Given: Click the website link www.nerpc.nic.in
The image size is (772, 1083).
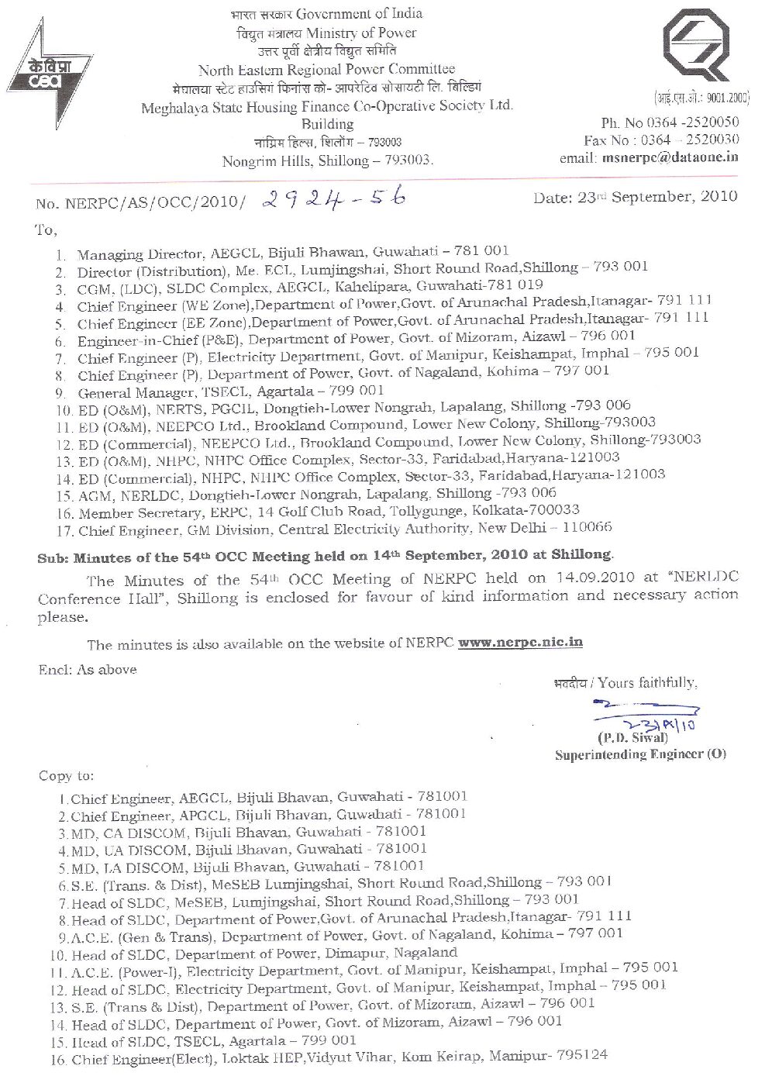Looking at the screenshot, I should click(520, 643).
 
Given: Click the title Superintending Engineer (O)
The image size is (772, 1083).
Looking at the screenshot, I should click(640, 754).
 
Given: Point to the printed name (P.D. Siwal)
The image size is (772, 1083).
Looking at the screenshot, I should click(632, 737).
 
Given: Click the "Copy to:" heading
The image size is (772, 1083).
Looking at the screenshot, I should click(66, 776).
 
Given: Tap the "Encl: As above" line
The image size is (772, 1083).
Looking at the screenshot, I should click(87, 670).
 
